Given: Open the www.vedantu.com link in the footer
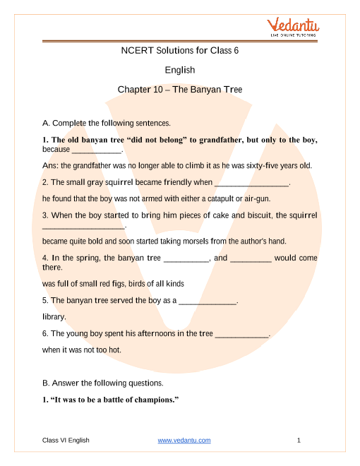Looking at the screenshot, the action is [184, 441].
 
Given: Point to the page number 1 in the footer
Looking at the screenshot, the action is [299, 441].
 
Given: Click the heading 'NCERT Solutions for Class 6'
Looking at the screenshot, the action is [179, 50].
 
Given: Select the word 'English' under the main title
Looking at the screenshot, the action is [179, 70].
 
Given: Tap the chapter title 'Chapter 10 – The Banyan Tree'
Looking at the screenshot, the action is [179, 90].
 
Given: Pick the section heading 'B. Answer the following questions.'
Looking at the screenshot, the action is [103, 383].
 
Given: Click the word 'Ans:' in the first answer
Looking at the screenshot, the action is [50, 166].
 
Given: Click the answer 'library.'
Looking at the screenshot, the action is [54, 317].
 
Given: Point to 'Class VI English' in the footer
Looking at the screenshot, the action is [66, 441].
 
